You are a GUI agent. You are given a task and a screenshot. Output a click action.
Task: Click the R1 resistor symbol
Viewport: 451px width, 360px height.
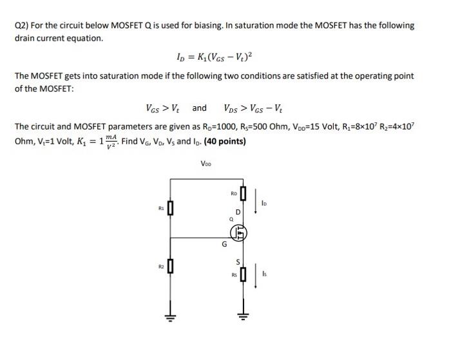170,209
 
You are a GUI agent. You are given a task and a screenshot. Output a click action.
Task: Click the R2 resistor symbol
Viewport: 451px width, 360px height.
170,266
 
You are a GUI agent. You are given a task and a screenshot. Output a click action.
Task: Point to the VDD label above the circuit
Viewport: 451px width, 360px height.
206,164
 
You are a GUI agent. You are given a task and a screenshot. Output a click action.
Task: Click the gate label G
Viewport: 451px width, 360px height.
224,244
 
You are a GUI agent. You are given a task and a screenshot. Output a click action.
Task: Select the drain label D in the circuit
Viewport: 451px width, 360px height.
238,212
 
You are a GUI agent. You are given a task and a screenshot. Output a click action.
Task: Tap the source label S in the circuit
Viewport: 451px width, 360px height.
237,262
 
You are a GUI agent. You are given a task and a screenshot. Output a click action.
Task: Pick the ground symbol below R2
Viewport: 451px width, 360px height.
170,317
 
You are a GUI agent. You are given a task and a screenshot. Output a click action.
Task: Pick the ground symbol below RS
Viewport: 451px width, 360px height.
243,316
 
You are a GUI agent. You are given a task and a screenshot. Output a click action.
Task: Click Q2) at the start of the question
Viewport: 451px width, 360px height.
23,26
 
